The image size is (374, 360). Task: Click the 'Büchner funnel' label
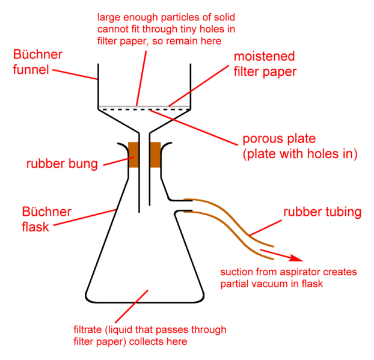coord(38,62)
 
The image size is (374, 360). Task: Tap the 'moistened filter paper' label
coord(265,64)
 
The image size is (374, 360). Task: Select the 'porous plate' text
coord(279,138)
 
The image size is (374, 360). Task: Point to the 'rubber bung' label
coord(62,164)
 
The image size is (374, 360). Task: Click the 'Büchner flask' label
coord(46,219)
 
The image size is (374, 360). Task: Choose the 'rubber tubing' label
coord(322,212)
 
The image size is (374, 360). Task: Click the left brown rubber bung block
coord(133,154)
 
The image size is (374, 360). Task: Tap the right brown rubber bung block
coord(155,154)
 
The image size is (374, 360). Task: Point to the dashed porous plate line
coord(145,109)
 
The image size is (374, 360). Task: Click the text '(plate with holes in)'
coord(300,154)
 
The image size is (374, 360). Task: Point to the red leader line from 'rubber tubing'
coord(266,228)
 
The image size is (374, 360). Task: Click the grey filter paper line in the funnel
coord(144,106)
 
